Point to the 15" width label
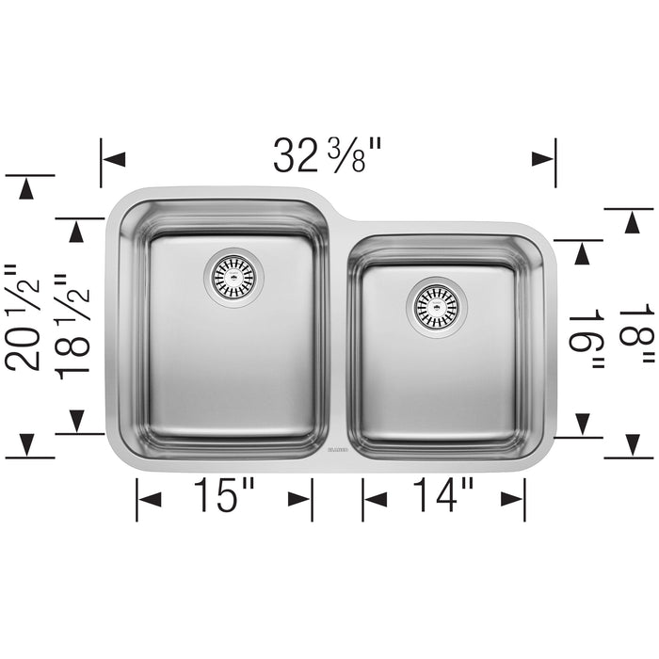tap(223, 496)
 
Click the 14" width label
tap(442, 496)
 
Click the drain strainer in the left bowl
tap(233, 275)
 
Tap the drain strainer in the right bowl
tap(433, 302)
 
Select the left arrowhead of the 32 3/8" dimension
tap(113, 159)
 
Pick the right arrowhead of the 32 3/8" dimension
tap(543, 159)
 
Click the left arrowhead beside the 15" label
tap(149, 497)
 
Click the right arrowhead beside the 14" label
tap(513, 497)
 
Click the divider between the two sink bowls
tap(338, 339)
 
